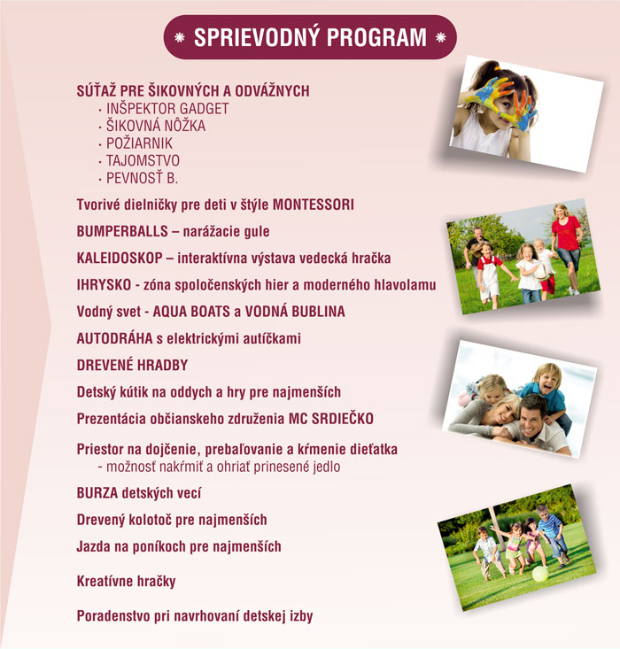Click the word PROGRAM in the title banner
pos(375,38)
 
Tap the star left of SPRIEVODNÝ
pos(180,38)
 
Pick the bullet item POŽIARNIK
pos(140,143)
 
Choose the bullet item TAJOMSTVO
pos(143,161)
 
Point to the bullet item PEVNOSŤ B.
pos(143,179)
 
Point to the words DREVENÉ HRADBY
pos(133,365)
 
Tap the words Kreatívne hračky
pos(127,582)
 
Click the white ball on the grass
pos(539,574)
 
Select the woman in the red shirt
pos(566,239)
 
